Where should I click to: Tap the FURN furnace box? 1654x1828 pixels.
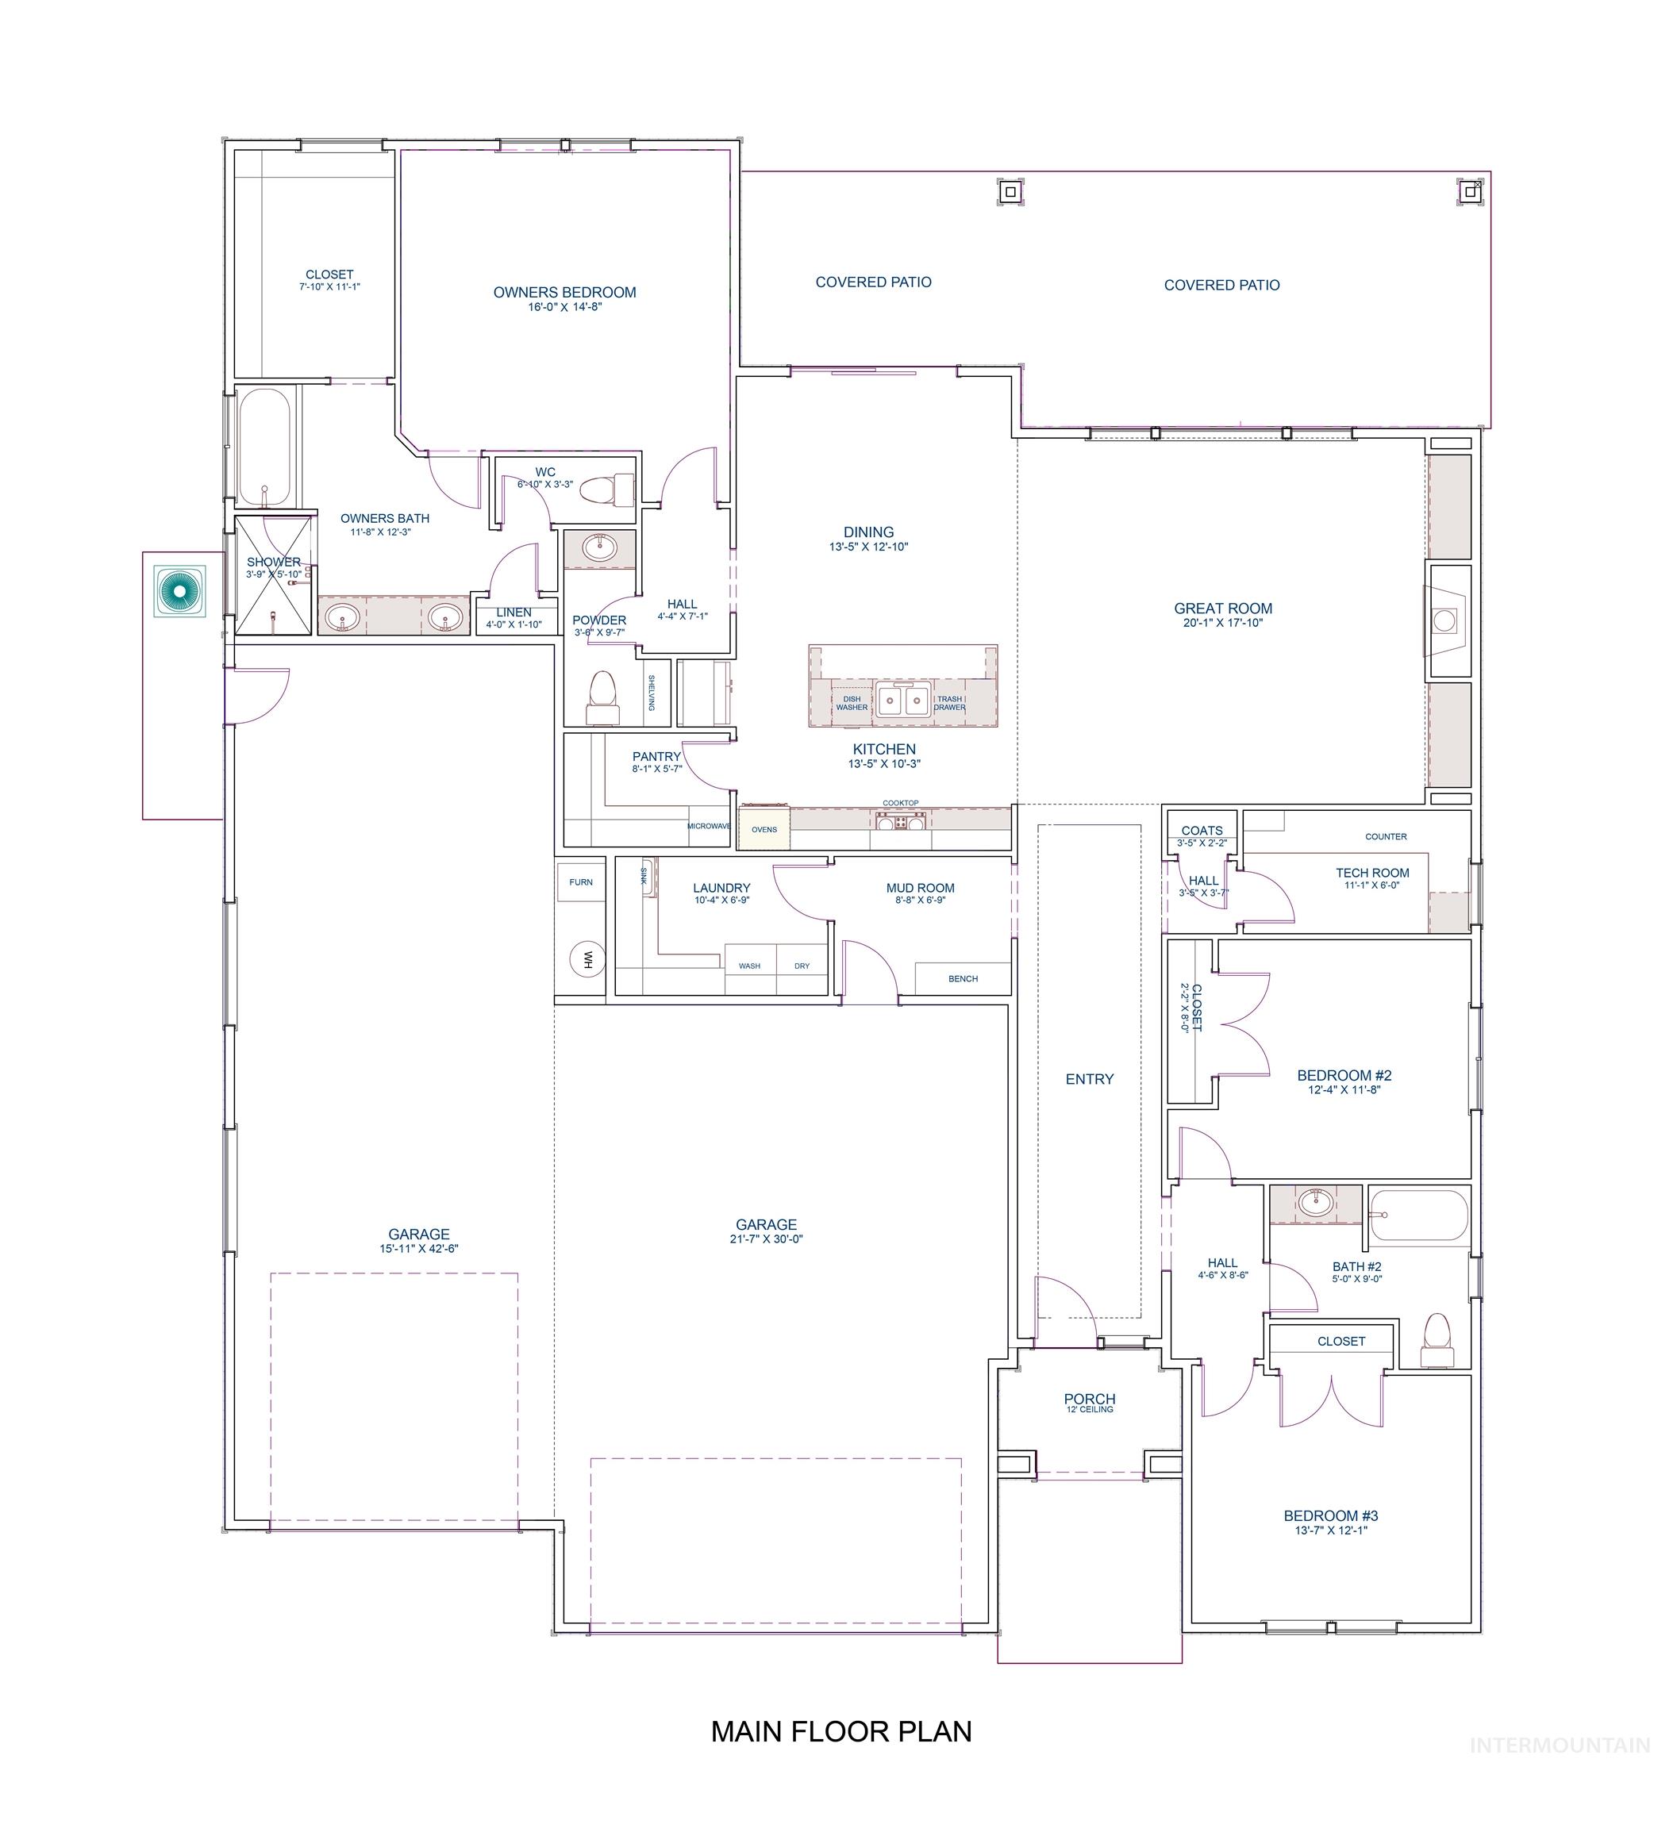[x=580, y=881]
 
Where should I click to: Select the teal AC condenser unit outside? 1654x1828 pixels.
[x=179, y=591]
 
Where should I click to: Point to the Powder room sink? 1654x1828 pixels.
[x=598, y=547]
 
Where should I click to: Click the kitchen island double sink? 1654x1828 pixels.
[x=901, y=701]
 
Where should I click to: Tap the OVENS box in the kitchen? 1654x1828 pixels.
[x=764, y=829]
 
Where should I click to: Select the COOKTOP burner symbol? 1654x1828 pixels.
[x=899, y=821]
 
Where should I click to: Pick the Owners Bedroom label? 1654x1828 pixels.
[x=564, y=293]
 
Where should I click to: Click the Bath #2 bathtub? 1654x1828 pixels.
[x=1417, y=1215]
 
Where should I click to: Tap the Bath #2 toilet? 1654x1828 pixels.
[x=1436, y=1340]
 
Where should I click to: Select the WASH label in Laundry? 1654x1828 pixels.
[x=749, y=966]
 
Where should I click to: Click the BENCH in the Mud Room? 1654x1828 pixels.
[x=962, y=978]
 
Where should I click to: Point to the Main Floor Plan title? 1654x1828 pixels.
[x=840, y=1731]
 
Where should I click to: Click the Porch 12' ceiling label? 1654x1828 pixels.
[x=1089, y=1410]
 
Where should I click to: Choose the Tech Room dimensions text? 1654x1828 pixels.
[x=1371, y=885]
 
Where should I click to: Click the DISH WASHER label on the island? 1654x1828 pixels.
[x=852, y=703]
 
